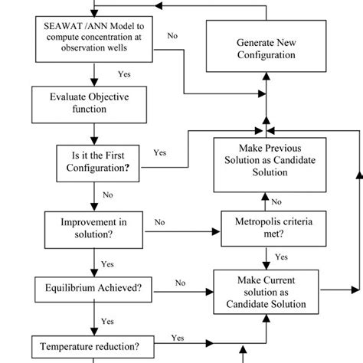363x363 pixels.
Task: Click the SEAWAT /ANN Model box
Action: click(x=93, y=38)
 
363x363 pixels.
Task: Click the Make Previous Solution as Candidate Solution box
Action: click(x=265, y=165)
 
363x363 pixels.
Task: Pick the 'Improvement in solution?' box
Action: click(x=93, y=227)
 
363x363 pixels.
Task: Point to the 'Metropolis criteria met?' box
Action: click(x=265, y=227)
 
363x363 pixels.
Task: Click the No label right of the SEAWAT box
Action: click(x=173, y=36)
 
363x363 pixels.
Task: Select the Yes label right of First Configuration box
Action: click(x=160, y=152)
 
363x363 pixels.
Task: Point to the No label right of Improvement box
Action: click(x=160, y=222)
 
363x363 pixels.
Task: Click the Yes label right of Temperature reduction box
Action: click(x=178, y=337)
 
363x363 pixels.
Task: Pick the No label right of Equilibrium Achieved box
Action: click(x=181, y=283)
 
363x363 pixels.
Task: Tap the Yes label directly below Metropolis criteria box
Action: click(x=281, y=257)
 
